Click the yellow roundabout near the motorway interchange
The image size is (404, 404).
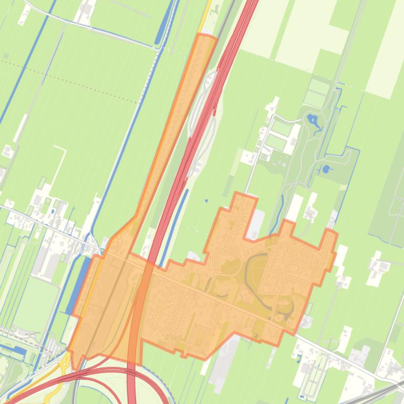(x=65, y=363)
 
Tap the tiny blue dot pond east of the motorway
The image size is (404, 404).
(x=206, y=200)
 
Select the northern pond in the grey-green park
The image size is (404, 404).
(x=313, y=120)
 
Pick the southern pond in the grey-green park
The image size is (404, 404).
(x=326, y=169)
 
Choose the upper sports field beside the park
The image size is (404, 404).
(x=282, y=128)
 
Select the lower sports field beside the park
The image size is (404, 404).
(x=277, y=143)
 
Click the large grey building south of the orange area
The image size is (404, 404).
(x=223, y=362)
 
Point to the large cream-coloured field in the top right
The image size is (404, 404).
(x=310, y=29)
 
